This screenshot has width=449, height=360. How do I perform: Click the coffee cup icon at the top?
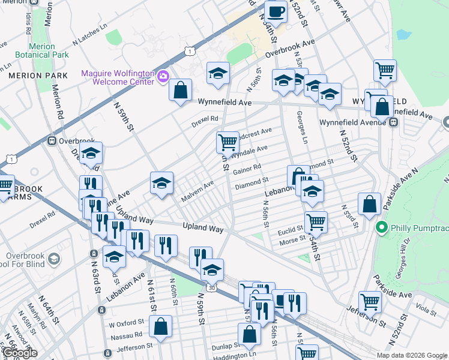point(276,11)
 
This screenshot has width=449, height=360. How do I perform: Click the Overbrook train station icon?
point(53,142)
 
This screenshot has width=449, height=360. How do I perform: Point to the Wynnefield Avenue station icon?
point(394,122)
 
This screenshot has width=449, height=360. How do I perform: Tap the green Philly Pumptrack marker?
point(380,228)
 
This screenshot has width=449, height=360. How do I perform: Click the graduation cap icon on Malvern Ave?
point(161,184)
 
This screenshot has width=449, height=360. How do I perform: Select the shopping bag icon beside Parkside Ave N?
point(370,205)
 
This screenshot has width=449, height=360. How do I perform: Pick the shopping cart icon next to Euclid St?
point(316,222)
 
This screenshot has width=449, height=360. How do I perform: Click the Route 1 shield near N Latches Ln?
point(190,52)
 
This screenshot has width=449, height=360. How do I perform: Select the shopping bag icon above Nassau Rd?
point(161,328)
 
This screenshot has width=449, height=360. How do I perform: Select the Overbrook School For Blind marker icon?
point(53,259)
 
